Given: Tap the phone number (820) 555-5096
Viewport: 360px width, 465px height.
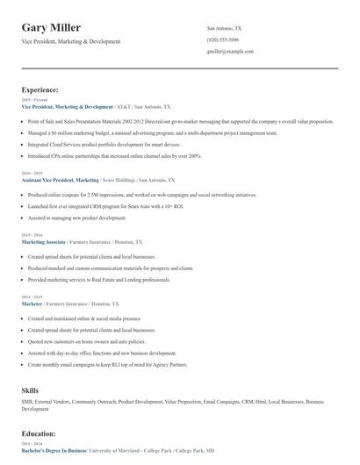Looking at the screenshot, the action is (x=222, y=40).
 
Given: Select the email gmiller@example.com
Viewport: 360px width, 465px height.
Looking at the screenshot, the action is (x=230, y=52).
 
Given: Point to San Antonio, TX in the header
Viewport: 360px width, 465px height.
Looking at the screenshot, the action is (x=224, y=28).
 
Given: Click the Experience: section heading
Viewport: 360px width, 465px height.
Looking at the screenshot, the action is (x=40, y=89).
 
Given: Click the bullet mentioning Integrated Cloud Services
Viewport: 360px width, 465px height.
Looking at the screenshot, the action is (x=104, y=144).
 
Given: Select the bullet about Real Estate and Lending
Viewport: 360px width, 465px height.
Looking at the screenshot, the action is (x=99, y=279).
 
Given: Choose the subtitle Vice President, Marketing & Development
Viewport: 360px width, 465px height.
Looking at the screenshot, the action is (x=71, y=41).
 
